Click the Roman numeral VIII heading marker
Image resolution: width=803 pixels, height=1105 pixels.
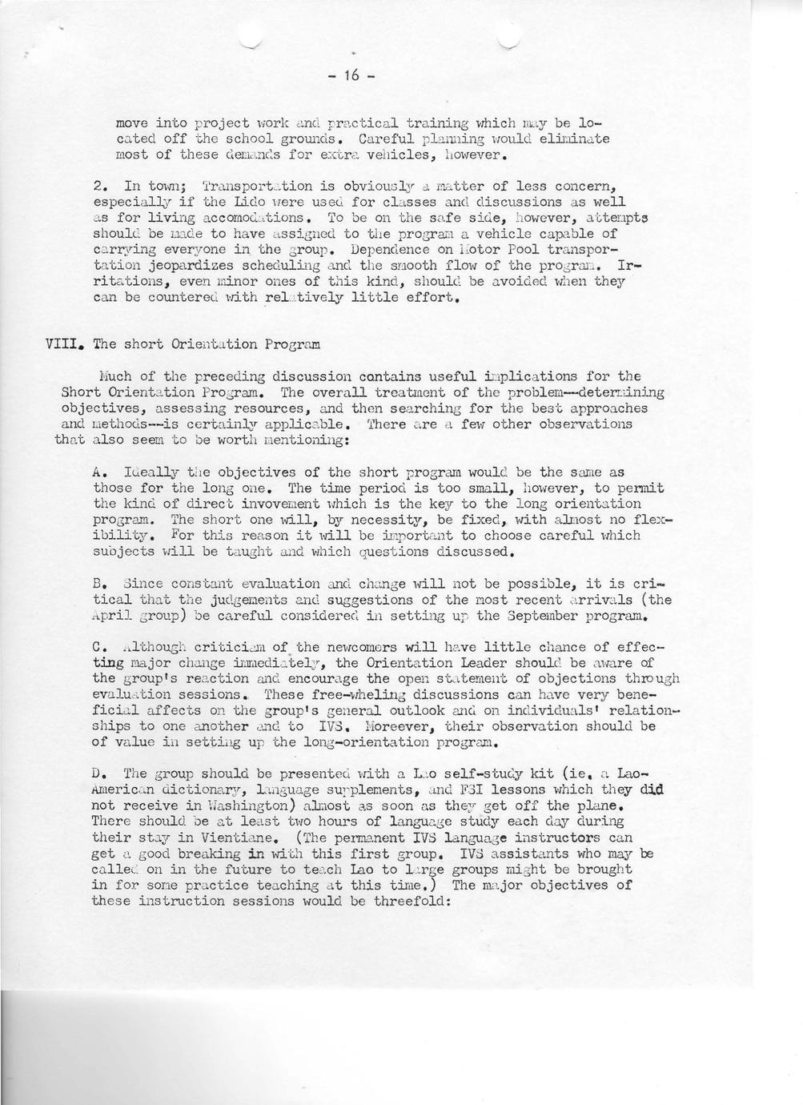[x=64, y=344]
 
